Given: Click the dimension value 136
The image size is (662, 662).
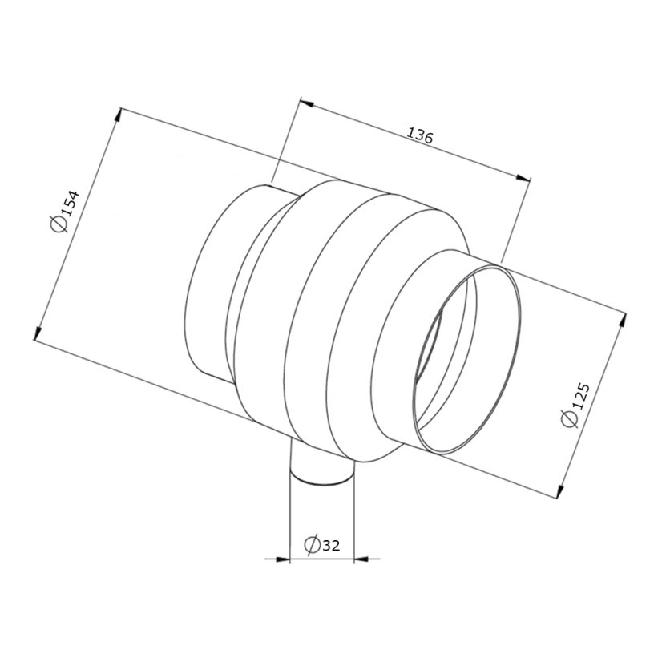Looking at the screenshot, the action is [420, 136].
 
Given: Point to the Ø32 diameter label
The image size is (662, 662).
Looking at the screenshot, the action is [321, 546].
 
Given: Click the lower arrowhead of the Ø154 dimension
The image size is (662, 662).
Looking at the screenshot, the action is [38, 333].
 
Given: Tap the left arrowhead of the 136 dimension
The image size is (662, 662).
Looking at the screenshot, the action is [306, 103].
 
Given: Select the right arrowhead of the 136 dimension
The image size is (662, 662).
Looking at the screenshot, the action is [523, 178].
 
